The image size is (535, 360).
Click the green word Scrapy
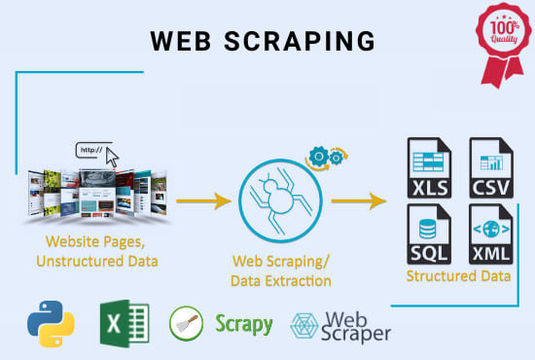pyautogui.click(x=244, y=323)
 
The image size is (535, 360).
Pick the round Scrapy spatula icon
pyautogui.click(x=186, y=324)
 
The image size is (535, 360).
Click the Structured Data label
pyautogui.click(x=459, y=275)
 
